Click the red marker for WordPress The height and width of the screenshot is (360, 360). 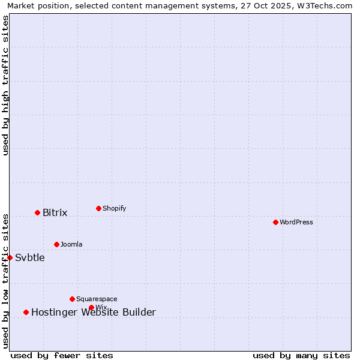pos(275,222)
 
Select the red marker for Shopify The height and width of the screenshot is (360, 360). pos(98,208)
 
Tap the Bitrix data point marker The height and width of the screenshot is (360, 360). pos(37,212)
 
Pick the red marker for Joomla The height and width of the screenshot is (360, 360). pos(56,244)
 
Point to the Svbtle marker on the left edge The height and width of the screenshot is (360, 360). pos(10,257)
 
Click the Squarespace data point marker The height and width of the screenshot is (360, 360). pos(72,299)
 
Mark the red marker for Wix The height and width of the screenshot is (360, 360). pos(91,307)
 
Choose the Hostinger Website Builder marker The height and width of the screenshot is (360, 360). pos(26,312)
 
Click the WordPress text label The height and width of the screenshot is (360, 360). pos(296,222)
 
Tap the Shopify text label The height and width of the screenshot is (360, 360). pos(114,208)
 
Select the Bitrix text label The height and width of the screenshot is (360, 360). pos(55,212)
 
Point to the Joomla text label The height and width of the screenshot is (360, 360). pos(71,244)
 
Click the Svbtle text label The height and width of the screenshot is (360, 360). pos(29,257)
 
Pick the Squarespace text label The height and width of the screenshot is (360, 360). pos(97,299)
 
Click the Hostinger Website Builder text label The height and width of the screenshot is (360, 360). pos(93,312)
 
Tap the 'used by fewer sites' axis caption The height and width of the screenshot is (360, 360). pos(62,355)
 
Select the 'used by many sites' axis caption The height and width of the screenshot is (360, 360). pos(301,355)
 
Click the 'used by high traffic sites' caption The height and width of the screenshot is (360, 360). pos(5,85)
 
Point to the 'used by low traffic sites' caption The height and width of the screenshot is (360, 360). pos(5,281)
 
